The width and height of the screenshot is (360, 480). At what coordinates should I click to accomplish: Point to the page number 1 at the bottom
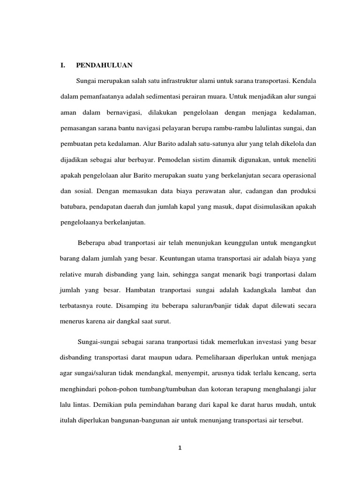[x=180, y=448]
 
